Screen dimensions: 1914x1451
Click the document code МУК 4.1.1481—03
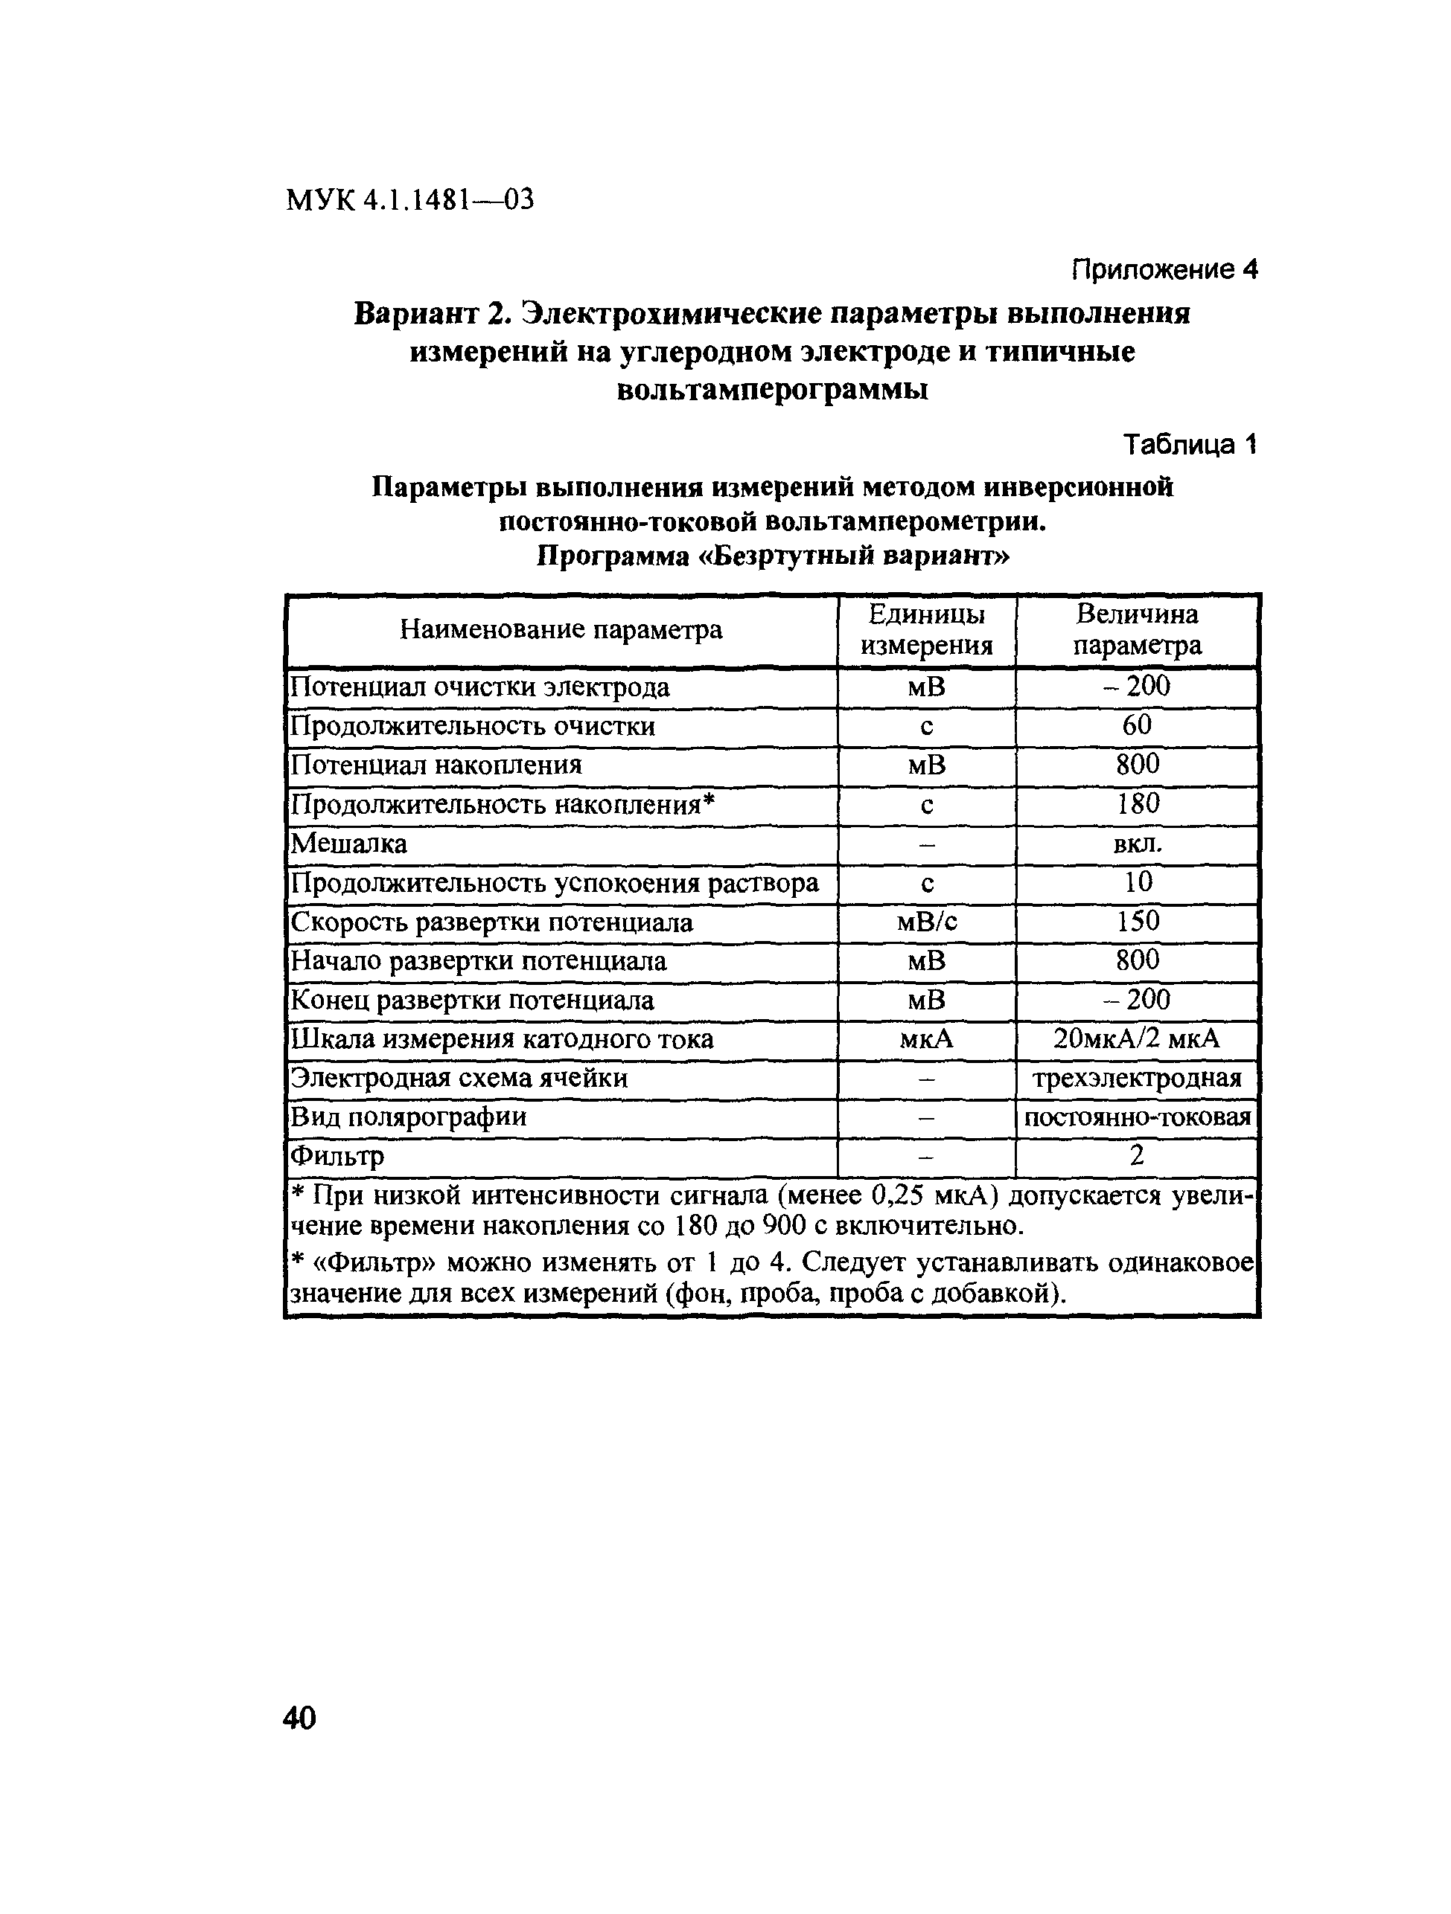point(409,201)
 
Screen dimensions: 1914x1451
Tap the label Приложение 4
point(1164,270)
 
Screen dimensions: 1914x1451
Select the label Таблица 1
point(1190,445)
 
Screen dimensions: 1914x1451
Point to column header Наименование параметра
point(561,630)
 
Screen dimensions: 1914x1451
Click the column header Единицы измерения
point(926,630)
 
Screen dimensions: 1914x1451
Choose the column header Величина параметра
point(1137,630)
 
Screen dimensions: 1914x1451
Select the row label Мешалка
point(349,844)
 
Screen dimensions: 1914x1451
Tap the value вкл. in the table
point(1137,844)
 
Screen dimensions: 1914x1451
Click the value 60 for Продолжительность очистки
point(1137,725)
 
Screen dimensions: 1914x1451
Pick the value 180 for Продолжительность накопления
point(1137,804)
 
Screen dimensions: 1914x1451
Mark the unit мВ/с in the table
point(926,922)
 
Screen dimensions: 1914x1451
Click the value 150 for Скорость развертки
point(1137,922)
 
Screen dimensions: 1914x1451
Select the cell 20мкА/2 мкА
point(1137,1039)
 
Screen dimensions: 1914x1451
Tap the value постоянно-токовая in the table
point(1137,1118)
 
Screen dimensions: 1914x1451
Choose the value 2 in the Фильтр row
point(1137,1156)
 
